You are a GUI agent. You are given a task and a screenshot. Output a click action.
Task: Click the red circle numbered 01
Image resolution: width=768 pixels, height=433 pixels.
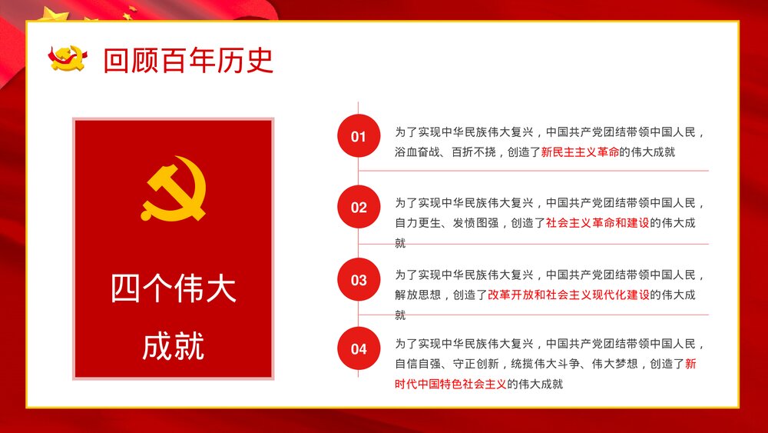(x=359, y=136)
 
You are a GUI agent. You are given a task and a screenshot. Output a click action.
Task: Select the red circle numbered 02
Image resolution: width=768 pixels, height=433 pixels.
(x=359, y=207)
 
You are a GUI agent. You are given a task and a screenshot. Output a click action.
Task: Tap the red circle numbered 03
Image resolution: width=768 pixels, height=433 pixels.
(x=359, y=280)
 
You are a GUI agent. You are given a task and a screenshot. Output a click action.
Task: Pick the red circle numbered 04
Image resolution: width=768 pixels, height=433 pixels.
(x=359, y=348)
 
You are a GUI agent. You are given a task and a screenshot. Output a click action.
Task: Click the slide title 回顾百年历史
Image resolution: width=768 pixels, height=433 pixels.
(x=188, y=61)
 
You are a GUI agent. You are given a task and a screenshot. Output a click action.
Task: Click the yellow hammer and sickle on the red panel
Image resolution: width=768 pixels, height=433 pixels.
(x=174, y=188)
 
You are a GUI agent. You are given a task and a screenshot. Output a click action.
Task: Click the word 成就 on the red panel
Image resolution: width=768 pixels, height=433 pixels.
(x=174, y=346)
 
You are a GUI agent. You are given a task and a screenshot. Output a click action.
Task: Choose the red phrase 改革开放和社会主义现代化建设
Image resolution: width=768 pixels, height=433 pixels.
(x=568, y=295)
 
